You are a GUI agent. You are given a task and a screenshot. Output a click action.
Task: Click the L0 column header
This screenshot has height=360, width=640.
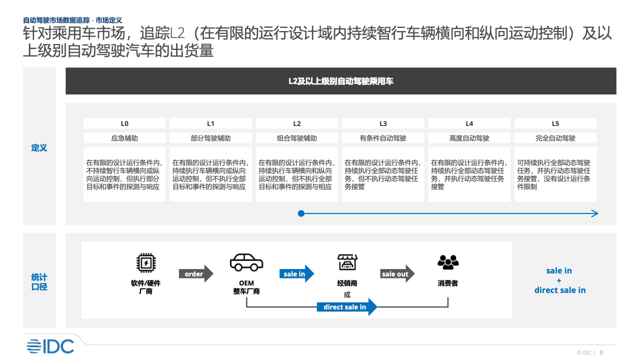coord(124,123)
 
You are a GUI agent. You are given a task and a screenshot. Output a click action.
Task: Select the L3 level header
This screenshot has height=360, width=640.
coord(383,123)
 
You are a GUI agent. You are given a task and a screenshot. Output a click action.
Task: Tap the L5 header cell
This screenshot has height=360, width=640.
coord(555,123)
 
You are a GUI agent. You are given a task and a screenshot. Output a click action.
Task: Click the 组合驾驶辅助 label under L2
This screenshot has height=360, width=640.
coord(297,138)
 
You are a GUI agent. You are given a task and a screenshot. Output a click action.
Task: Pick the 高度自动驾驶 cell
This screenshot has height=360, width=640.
coord(469,138)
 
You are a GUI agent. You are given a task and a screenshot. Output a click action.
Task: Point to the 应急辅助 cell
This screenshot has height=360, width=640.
coord(124,138)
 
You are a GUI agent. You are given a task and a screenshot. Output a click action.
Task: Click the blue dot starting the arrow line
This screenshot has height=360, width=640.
coord(301,213)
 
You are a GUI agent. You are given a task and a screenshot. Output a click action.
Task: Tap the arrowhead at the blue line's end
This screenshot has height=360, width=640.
coord(595,213)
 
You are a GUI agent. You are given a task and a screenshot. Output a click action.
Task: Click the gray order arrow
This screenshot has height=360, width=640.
coord(196,273)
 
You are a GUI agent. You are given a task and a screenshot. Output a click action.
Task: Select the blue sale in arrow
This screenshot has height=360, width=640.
coord(296,273)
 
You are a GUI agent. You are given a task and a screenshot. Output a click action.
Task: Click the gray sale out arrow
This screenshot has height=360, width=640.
coord(397,273)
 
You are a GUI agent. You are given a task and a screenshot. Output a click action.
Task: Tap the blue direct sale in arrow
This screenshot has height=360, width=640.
coord(347,307)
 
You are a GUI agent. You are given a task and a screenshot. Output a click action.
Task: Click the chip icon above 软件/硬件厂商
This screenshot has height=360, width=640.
coord(146,262)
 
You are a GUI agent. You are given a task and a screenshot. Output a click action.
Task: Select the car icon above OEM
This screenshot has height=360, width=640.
coord(246,262)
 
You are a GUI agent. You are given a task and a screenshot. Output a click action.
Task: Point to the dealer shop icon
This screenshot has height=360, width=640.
coord(347,262)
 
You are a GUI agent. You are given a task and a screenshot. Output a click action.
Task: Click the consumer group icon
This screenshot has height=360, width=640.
coord(448,262)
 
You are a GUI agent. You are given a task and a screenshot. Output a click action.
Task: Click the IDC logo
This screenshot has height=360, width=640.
coord(50,346)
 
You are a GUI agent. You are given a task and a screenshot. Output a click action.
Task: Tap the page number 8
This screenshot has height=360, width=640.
coord(601,352)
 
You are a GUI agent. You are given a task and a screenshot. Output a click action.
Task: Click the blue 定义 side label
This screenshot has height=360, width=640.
coord(39,147)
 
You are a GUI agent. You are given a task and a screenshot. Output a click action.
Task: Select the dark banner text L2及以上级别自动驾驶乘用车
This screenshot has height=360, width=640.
coord(341,81)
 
